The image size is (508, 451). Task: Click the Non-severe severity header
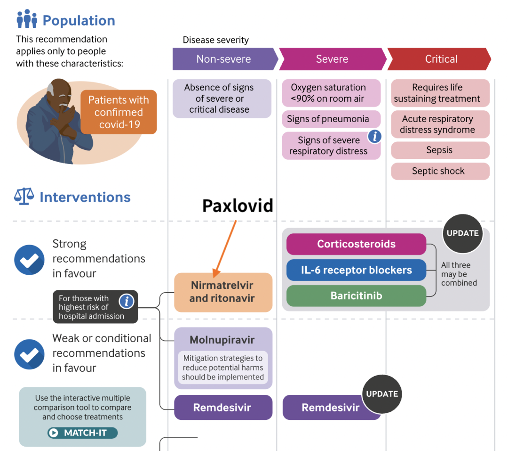click(223, 59)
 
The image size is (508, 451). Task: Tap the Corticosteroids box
click(356, 244)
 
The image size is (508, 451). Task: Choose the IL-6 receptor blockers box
click(356, 270)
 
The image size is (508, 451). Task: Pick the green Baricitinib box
click(356, 296)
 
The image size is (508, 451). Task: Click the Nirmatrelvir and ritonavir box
click(223, 292)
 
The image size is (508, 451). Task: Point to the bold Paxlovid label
click(238, 205)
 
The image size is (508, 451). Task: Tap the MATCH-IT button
click(82, 433)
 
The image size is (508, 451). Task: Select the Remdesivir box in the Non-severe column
click(223, 408)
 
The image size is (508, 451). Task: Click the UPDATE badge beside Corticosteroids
click(462, 233)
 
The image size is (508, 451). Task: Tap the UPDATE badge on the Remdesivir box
click(381, 394)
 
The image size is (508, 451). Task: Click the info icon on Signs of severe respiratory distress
click(374, 137)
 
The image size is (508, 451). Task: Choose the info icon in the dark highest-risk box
click(126, 301)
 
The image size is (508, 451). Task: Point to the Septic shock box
click(440, 171)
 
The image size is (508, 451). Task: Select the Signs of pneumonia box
click(331, 119)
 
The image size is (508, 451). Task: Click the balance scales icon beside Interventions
click(24, 197)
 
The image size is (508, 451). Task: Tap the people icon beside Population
click(27, 19)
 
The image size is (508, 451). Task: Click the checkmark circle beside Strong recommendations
click(29, 259)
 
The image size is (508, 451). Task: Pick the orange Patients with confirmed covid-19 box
click(119, 112)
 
